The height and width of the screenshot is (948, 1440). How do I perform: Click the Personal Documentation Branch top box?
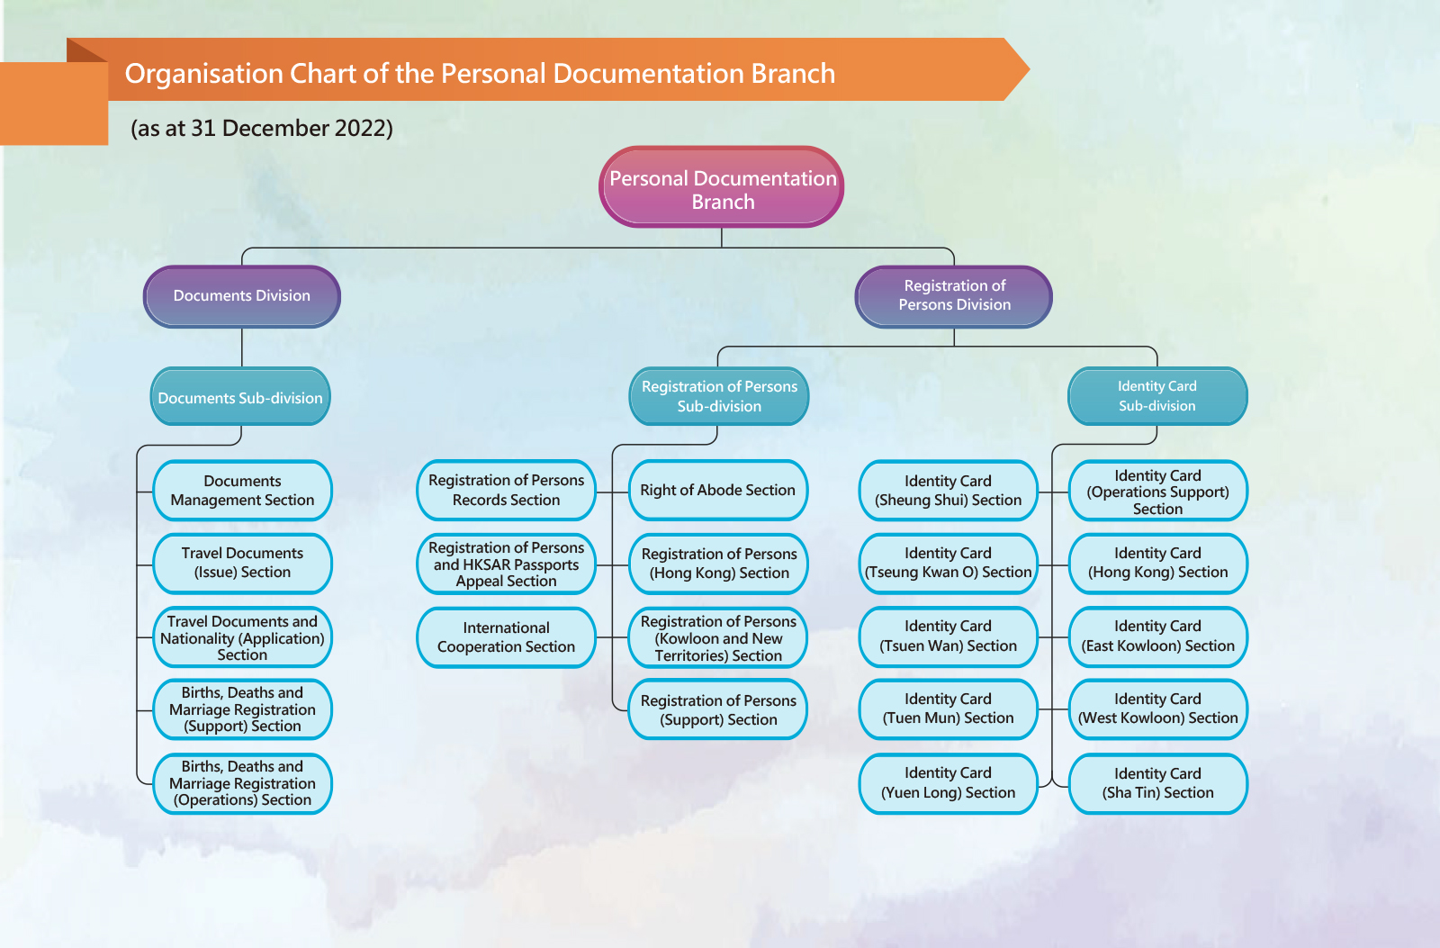click(x=721, y=187)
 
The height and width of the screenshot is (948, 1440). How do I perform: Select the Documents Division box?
click(x=242, y=296)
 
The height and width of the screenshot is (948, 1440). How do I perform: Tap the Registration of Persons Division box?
click(x=954, y=296)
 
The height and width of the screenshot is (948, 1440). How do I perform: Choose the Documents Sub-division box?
click(x=240, y=397)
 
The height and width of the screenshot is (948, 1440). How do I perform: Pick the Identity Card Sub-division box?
click(x=1157, y=396)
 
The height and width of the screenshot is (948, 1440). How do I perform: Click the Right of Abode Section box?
click(x=718, y=490)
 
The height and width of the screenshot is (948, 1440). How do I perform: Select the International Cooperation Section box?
click(x=506, y=637)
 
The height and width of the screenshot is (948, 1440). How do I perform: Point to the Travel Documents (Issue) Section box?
click(x=242, y=564)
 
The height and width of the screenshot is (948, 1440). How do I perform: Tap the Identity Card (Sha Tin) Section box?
click(x=1157, y=783)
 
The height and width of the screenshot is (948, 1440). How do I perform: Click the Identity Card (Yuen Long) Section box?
click(x=949, y=783)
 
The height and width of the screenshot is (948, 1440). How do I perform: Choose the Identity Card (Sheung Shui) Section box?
click(x=949, y=490)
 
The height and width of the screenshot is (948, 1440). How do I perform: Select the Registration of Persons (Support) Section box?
click(x=718, y=709)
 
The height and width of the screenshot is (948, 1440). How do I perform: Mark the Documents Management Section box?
click(x=242, y=490)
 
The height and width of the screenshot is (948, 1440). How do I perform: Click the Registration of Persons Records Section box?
click(x=506, y=490)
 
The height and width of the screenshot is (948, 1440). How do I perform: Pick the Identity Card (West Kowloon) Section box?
click(x=1157, y=709)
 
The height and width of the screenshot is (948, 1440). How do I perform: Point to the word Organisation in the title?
click(x=203, y=74)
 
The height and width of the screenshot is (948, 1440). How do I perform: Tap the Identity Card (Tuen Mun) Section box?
click(x=949, y=709)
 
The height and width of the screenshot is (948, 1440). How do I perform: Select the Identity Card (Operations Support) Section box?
click(x=1157, y=490)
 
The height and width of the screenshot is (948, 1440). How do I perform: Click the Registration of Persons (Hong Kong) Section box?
click(x=718, y=564)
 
